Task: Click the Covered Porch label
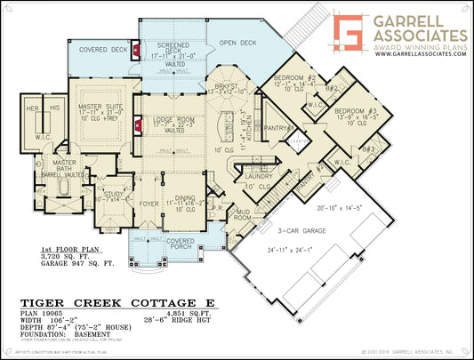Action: click(180, 241)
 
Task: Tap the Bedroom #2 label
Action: click(299, 79)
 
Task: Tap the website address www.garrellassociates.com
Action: click(420, 54)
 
